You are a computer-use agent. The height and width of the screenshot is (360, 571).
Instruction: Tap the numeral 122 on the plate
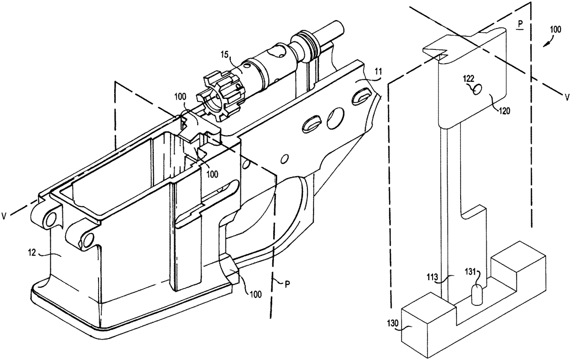(469, 80)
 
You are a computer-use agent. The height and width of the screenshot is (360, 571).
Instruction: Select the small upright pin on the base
(476, 295)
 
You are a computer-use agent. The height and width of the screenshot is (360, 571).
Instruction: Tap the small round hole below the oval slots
(285, 157)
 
